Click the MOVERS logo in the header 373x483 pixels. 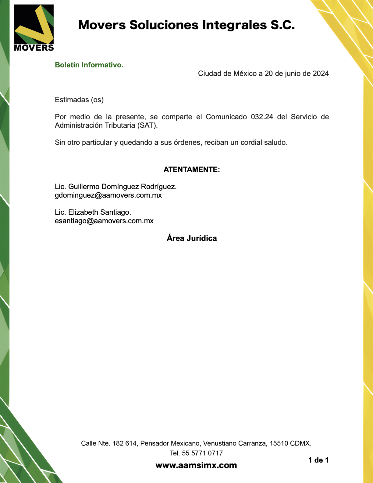(x=34, y=28)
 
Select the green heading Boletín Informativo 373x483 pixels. (x=89, y=65)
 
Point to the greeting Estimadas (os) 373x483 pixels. (x=79, y=100)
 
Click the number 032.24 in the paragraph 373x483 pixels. (x=262, y=117)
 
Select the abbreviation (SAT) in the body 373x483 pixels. (x=147, y=125)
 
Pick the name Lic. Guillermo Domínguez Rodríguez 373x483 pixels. (x=115, y=187)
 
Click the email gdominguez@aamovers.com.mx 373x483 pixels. (x=108, y=195)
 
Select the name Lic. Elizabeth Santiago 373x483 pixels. (x=93, y=212)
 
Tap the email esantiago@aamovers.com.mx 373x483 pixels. (x=104, y=221)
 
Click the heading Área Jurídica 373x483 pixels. (x=192, y=238)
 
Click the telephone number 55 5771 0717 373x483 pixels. (x=202, y=453)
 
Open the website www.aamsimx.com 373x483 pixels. (x=196, y=465)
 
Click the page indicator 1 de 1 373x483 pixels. (x=318, y=460)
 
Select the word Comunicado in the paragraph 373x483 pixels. (x=226, y=117)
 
